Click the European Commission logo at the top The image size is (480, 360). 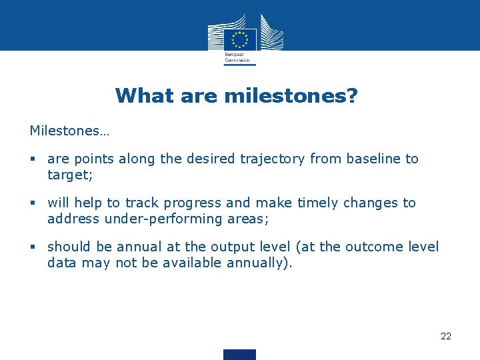click(x=240, y=39)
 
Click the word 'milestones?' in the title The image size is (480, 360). click(x=291, y=96)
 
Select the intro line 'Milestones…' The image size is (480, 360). click(x=69, y=131)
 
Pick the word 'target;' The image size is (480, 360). click(x=68, y=175)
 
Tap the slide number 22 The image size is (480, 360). click(x=446, y=336)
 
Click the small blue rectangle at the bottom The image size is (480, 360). click(x=240, y=354)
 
